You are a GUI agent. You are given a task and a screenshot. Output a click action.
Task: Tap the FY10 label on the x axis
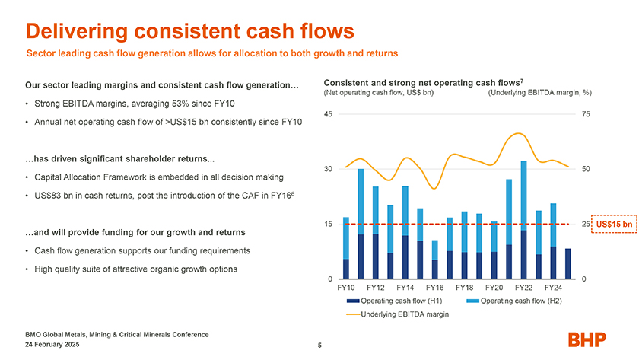(x=346, y=288)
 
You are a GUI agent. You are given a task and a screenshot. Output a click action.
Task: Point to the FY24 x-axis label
(x=554, y=288)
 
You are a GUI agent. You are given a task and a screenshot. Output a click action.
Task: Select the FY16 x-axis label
(x=435, y=288)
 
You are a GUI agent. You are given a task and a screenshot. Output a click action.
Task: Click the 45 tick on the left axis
(x=328, y=114)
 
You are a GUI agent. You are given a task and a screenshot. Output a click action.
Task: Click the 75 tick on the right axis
(x=585, y=114)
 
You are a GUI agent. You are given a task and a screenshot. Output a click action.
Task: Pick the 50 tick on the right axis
(x=585, y=169)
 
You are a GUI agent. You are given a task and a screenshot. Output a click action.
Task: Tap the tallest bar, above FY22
(x=524, y=221)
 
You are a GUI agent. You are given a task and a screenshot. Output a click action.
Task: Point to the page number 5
(x=320, y=347)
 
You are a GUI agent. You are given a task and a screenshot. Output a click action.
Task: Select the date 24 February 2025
(x=62, y=344)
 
